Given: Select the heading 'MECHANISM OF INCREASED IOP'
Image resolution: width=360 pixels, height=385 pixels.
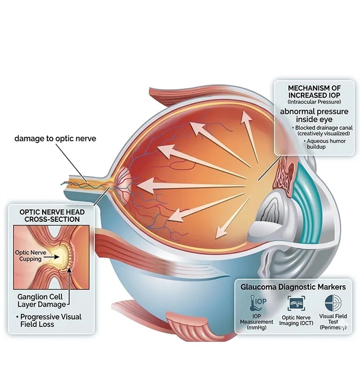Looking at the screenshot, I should click(x=314, y=91).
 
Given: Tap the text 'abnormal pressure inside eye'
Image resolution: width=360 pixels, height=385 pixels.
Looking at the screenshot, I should click(x=314, y=116).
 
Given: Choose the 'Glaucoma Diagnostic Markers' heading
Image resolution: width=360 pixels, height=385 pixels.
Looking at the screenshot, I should click(x=293, y=287).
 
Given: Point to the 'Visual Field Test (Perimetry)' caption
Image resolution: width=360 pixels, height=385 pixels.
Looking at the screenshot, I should click(x=333, y=323).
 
